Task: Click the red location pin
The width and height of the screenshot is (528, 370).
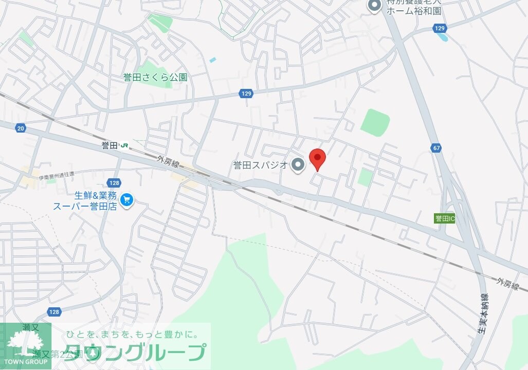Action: (317, 159)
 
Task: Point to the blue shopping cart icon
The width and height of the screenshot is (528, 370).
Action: (126, 200)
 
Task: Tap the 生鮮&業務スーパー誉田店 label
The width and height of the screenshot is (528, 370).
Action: (85, 200)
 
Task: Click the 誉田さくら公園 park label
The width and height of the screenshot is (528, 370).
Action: (155, 78)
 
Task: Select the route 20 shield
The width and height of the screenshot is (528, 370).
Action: (21, 128)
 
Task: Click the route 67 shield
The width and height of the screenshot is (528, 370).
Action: (436, 148)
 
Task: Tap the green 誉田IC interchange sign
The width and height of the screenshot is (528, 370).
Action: (445, 218)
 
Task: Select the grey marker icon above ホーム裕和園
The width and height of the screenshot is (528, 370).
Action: (374, 6)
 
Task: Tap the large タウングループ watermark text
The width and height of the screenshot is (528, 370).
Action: (136, 353)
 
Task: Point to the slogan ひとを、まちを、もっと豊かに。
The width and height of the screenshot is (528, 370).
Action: (131, 335)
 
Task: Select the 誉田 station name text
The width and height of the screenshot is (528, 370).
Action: (110, 145)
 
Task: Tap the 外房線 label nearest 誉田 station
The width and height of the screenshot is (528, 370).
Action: (168, 163)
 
